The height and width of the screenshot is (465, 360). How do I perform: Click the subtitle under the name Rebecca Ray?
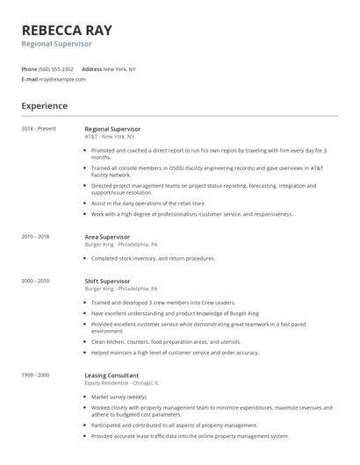tap(57, 43)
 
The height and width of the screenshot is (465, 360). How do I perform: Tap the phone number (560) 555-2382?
tap(57, 68)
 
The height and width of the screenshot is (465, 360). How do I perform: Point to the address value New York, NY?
tap(119, 68)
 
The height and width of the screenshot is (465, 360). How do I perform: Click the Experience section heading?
tap(45, 106)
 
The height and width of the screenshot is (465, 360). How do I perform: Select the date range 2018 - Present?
tap(39, 129)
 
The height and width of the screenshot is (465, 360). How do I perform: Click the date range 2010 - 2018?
tap(35, 236)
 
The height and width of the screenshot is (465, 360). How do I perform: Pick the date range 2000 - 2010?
tap(35, 281)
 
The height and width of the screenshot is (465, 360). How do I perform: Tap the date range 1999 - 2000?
tap(35, 375)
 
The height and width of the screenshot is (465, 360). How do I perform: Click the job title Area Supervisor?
tap(107, 236)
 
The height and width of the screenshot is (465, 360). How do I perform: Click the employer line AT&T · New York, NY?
tap(110, 137)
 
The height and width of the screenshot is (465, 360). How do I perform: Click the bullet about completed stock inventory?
tap(153, 259)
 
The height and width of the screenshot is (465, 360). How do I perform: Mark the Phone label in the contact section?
tap(29, 68)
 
